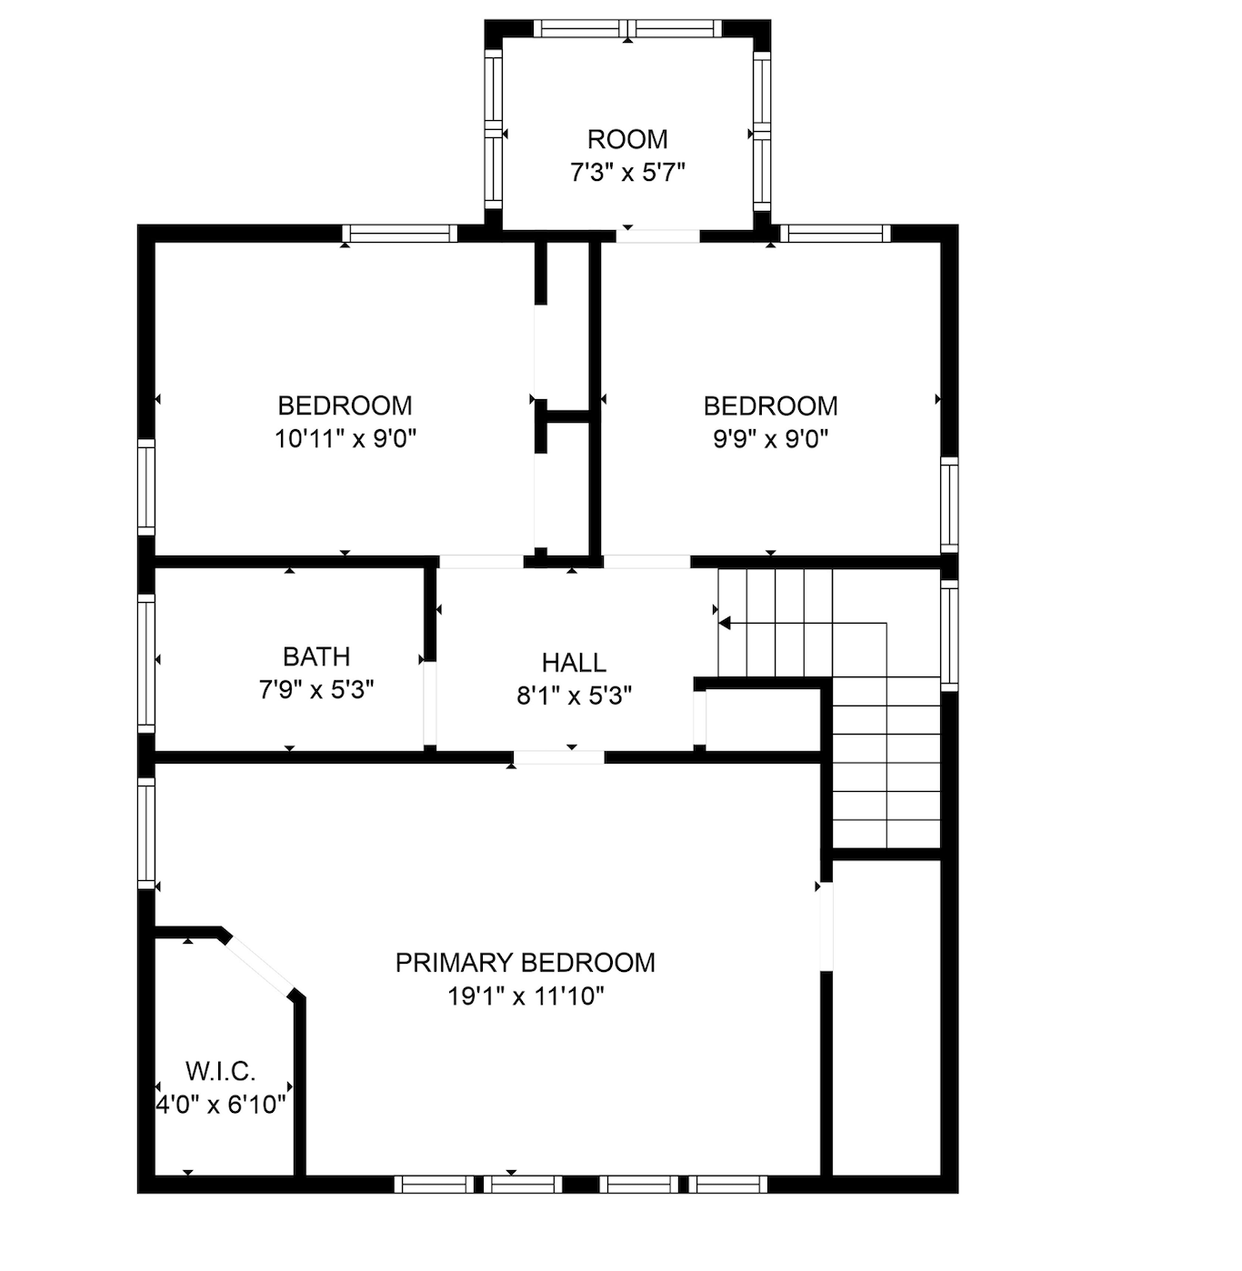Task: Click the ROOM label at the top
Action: [627, 139]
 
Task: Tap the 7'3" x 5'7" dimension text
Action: [627, 173]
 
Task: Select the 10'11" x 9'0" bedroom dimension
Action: [345, 439]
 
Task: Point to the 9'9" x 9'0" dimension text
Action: [770, 439]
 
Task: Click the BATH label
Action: [316, 656]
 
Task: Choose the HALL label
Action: [574, 663]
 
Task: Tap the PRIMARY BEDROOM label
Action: [525, 963]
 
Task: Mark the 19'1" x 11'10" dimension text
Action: [526, 996]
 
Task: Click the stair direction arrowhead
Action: [724, 623]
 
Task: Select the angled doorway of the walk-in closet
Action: [259, 966]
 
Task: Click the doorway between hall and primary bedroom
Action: [558, 757]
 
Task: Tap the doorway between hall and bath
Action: [430, 703]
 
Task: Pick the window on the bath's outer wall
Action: [146, 664]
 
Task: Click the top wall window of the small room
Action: [628, 28]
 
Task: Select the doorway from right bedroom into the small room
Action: [658, 235]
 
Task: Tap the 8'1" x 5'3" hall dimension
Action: [574, 696]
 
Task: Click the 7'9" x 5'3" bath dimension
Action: [316, 690]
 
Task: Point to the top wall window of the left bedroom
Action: [400, 233]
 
